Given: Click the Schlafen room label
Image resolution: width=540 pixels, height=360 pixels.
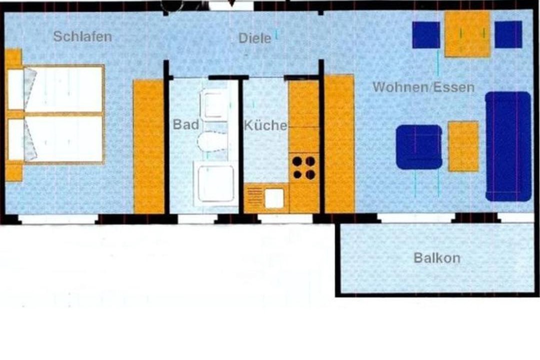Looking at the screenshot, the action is (x=82, y=36).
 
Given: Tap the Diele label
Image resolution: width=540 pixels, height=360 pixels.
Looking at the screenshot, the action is (x=255, y=38).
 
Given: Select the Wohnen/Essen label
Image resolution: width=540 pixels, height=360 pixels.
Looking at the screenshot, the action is (x=423, y=87).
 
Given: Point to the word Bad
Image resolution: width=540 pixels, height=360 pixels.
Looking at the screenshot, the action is (x=186, y=124).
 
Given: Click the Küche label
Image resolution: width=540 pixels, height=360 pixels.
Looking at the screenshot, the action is (x=265, y=125).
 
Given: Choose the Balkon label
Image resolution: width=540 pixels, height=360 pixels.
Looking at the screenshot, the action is (x=437, y=257).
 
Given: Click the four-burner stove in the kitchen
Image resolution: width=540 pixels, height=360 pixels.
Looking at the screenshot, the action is (x=304, y=168).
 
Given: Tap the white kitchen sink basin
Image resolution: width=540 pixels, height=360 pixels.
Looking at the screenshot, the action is (x=274, y=198).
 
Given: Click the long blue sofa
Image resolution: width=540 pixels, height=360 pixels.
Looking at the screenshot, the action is (x=508, y=146).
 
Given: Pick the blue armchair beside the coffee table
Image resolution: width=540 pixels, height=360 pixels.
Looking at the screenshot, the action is (x=419, y=147).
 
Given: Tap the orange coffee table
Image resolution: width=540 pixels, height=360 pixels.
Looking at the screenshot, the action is (x=463, y=146).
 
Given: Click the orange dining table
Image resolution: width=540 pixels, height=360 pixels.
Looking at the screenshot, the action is (x=467, y=34).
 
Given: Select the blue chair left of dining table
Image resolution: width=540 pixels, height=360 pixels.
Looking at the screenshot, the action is (x=426, y=35).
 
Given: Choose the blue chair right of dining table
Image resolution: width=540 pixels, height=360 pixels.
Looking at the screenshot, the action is (x=508, y=34).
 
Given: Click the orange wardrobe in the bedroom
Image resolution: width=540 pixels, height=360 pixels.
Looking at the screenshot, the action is (x=148, y=146).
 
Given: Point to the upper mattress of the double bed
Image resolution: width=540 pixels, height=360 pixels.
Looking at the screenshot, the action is (x=64, y=89).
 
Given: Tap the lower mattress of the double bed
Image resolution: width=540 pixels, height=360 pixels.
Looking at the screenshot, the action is (x=64, y=139).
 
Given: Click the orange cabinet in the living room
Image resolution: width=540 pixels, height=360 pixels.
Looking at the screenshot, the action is (x=339, y=143).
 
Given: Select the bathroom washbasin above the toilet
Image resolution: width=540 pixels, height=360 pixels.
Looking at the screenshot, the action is (x=214, y=104).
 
